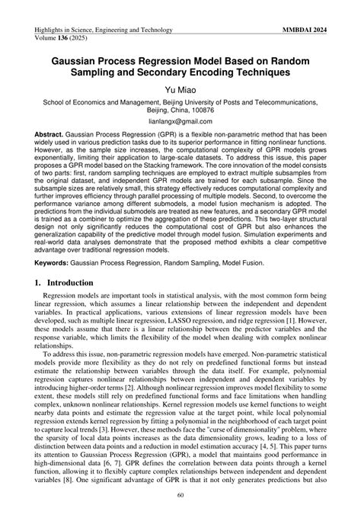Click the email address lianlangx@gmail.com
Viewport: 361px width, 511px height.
coord(180,121)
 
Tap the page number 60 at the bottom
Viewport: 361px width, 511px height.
coord(180,497)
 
